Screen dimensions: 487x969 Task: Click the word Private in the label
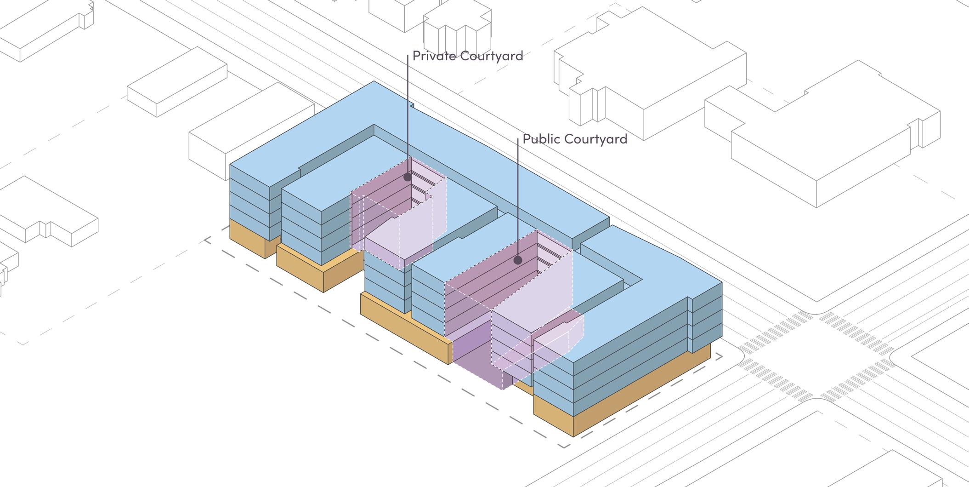(434, 56)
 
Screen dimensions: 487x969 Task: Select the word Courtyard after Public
(596, 139)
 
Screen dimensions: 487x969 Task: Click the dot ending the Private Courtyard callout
(408, 177)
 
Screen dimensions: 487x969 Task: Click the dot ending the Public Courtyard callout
(518, 260)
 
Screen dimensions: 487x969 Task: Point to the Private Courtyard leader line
(408, 115)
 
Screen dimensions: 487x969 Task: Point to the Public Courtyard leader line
(518, 198)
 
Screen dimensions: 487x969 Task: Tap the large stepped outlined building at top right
(822, 138)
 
